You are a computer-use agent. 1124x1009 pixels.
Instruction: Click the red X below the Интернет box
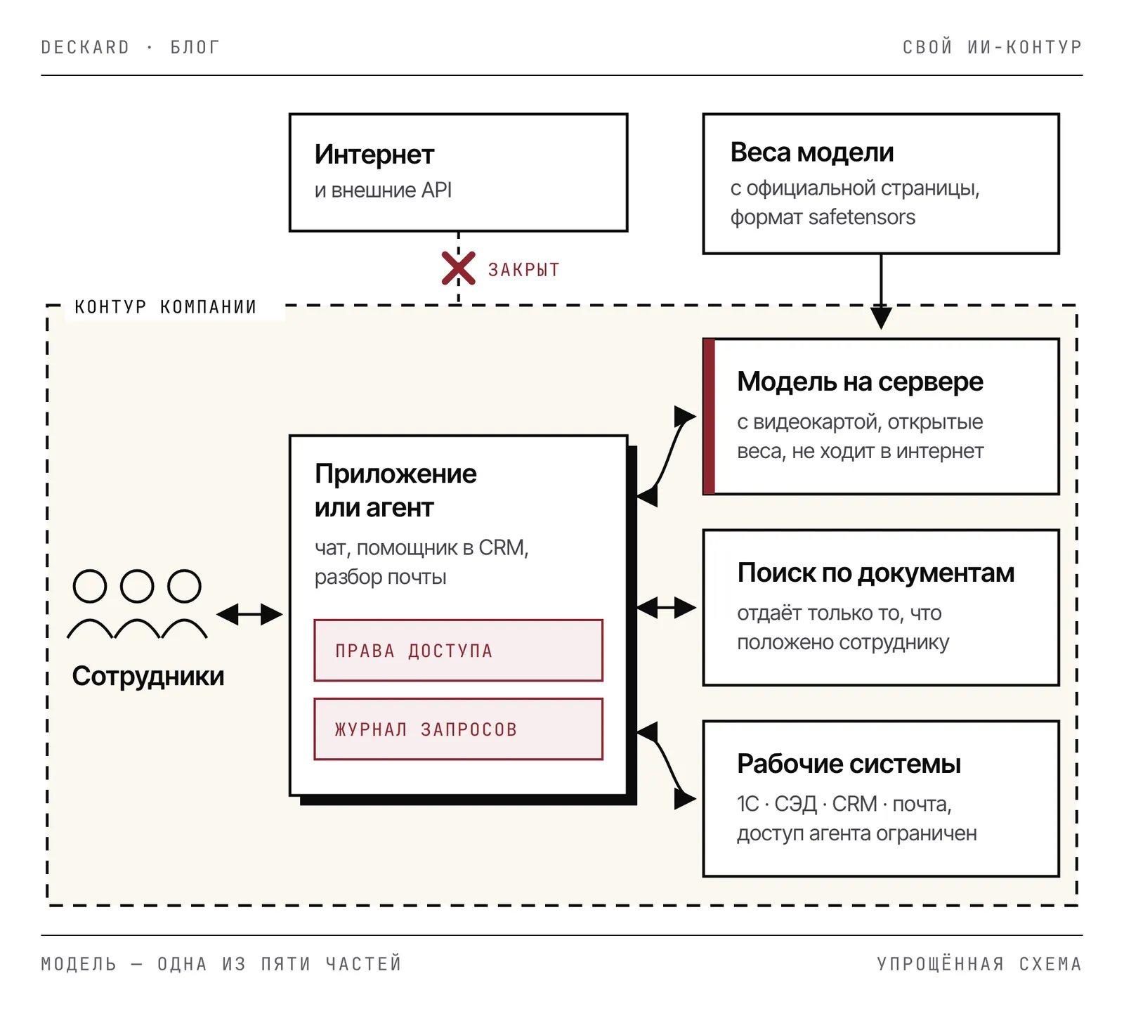(x=458, y=268)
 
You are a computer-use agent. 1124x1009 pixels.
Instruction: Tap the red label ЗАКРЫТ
(x=524, y=270)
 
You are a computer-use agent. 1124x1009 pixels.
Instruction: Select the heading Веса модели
(x=812, y=152)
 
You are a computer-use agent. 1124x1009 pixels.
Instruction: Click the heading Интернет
(x=374, y=155)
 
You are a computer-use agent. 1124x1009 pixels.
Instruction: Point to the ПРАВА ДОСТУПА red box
(x=458, y=651)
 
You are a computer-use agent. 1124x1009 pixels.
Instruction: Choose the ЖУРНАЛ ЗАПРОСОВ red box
(x=458, y=729)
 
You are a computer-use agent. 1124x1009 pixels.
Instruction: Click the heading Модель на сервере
(x=860, y=382)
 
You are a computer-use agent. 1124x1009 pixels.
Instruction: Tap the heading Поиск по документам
(x=876, y=573)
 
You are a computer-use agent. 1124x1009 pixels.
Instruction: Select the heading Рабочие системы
(x=849, y=764)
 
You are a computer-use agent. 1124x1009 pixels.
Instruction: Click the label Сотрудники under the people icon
(x=148, y=676)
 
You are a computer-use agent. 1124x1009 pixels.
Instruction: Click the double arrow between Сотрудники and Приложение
(x=249, y=614)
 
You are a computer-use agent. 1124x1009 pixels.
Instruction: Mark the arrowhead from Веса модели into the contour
(x=881, y=318)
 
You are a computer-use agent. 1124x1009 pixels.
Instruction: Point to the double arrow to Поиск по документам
(x=666, y=607)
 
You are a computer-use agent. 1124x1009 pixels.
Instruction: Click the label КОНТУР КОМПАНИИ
(x=166, y=307)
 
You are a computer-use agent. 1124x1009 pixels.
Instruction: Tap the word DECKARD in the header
(x=86, y=47)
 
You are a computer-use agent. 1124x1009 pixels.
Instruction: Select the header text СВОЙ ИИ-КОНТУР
(x=992, y=47)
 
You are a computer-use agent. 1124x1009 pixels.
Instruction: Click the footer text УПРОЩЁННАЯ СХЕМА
(x=979, y=963)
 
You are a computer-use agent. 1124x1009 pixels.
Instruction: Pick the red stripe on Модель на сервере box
(x=709, y=417)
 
